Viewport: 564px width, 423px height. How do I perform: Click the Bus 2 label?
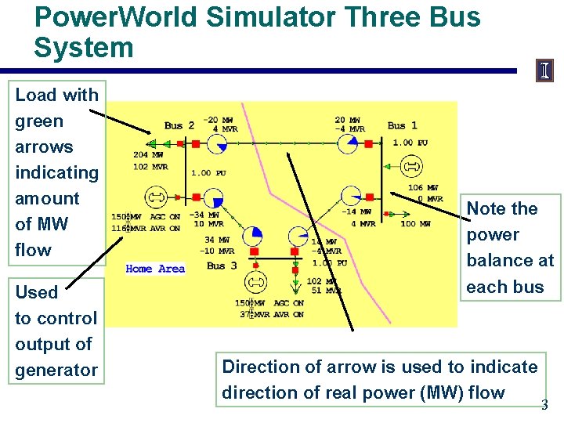tap(179, 125)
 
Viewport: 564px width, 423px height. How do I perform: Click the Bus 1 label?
tap(402, 125)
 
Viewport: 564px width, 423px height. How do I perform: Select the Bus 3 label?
tap(221, 266)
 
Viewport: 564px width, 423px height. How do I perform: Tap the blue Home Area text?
tap(155, 269)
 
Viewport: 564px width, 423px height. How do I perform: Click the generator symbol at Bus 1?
tap(410, 166)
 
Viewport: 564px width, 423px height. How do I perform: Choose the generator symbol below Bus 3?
tap(254, 282)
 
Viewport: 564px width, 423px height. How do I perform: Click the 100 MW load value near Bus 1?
tap(415, 224)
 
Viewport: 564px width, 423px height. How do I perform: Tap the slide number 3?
tap(544, 405)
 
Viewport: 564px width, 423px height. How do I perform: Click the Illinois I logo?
tap(544, 71)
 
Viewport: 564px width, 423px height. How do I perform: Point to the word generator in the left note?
tap(56, 370)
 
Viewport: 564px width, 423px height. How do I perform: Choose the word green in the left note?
tap(39, 121)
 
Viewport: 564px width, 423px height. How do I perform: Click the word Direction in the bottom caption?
tap(260, 367)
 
